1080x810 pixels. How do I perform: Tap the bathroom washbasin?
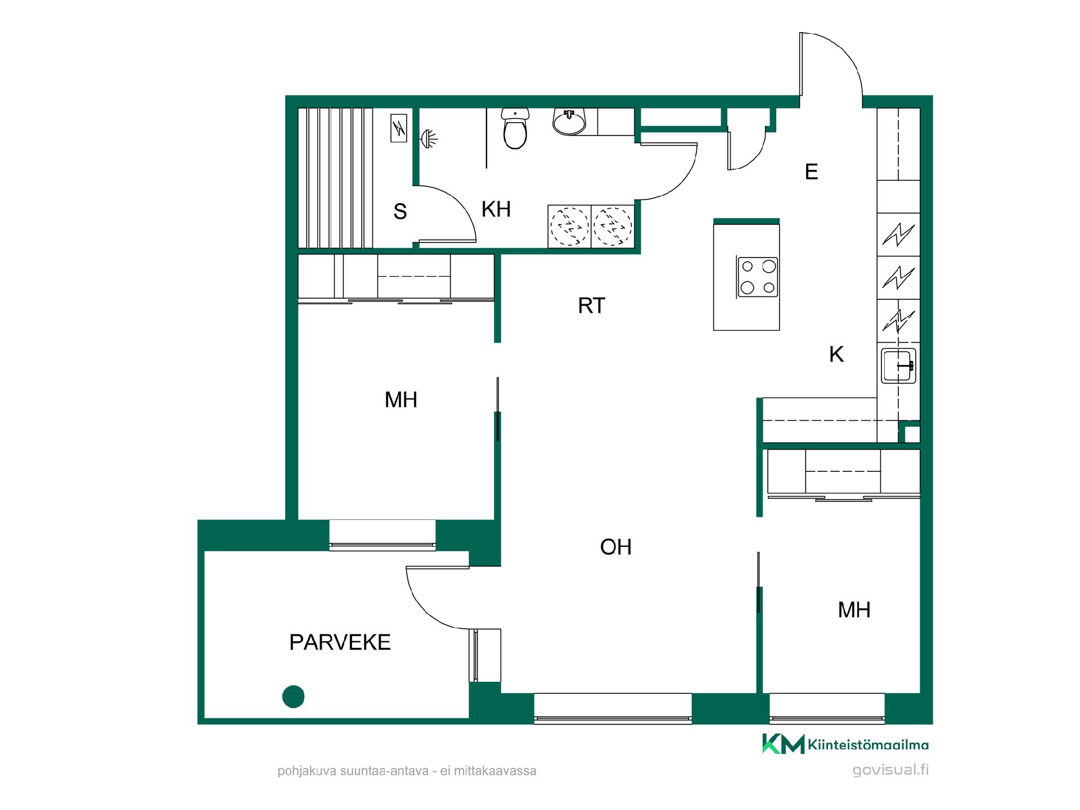tap(569, 121)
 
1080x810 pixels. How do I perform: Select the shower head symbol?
tap(429, 138)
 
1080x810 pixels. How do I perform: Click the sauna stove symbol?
tap(399, 128)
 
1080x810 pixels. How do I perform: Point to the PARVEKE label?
tap(340, 642)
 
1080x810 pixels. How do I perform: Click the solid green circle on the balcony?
tap(293, 696)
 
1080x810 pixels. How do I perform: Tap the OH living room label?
tap(616, 547)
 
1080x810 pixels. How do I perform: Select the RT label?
tap(591, 305)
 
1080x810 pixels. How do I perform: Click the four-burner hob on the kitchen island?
tap(758, 277)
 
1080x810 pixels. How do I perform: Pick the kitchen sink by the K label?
tap(898, 366)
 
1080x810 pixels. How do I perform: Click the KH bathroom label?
tap(496, 209)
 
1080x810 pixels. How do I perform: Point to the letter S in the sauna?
tap(400, 211)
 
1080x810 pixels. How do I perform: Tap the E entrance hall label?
tap(811, 172)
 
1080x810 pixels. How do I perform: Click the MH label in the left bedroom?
tap(401, 400)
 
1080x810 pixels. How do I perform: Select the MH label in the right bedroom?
tap(854, 610)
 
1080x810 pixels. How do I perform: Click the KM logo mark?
tap(783, 744)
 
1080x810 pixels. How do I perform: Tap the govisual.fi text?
tap(890, 770)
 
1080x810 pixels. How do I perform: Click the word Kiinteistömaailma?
tap(868, 745)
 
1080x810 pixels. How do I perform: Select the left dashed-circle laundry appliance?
tap(569, 227)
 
